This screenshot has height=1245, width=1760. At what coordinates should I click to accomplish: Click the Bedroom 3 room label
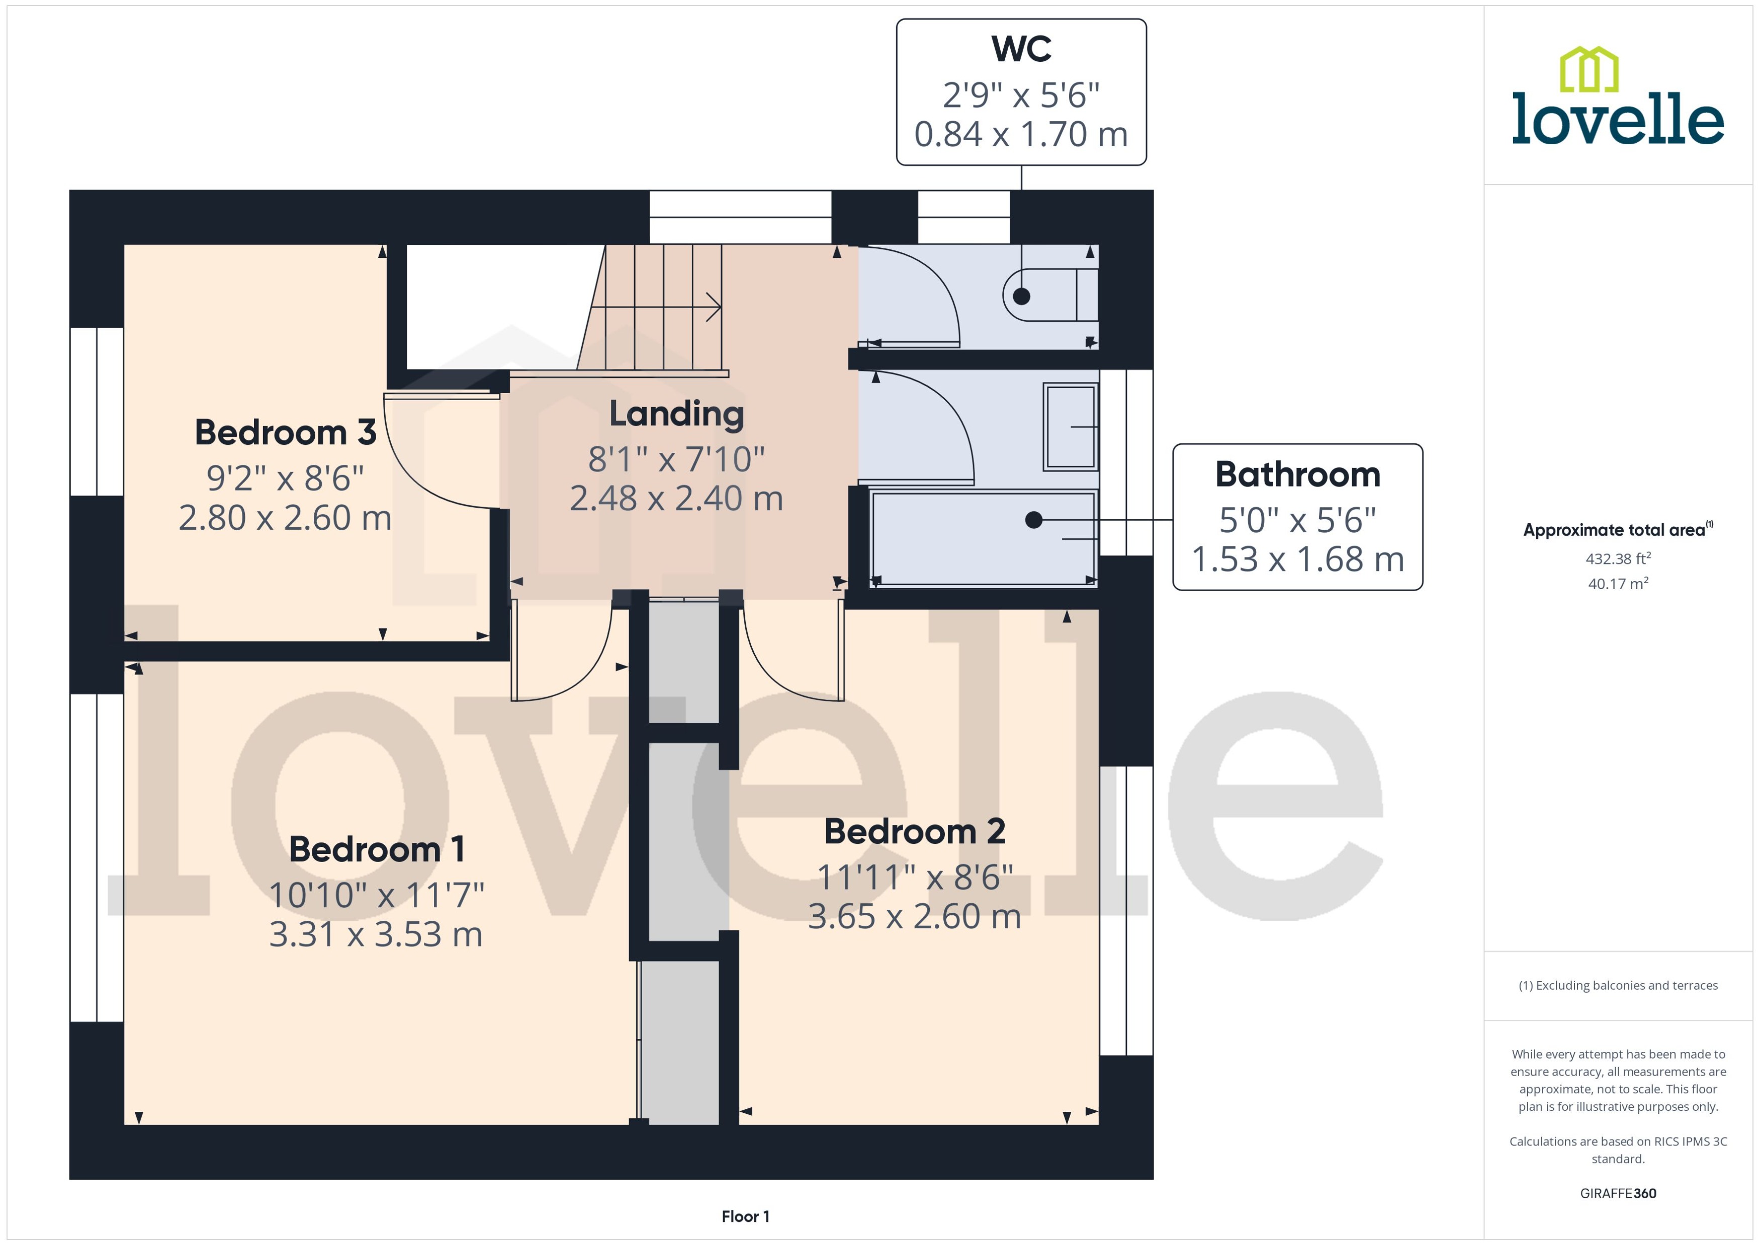(285, 432)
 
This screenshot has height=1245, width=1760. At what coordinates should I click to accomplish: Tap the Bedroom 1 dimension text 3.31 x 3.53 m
(376, 934)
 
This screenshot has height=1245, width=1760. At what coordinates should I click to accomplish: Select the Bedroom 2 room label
(914, 831)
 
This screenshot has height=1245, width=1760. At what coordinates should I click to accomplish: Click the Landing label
(676, 414)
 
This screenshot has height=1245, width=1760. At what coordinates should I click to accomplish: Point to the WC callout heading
(1021, 49)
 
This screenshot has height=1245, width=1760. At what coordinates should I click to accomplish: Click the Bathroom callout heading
(1297, 474)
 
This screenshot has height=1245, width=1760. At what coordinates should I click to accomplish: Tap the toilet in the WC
(1049, 295)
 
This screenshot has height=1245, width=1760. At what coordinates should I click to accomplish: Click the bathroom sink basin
(1071, 426)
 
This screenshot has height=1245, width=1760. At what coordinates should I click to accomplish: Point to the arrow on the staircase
(713, 308)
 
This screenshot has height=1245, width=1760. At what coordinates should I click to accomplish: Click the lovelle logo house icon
(1589, 69)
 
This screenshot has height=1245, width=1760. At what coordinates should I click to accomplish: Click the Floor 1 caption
(745, 1216)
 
